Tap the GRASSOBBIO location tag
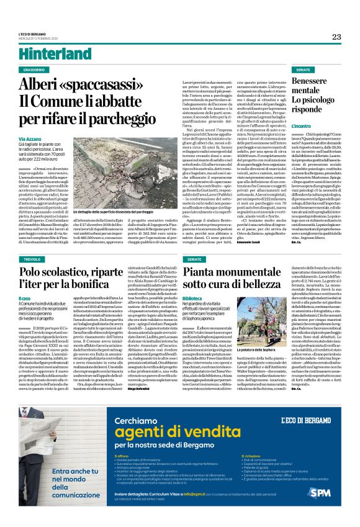pyautogui.click(x=38, y=70)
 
